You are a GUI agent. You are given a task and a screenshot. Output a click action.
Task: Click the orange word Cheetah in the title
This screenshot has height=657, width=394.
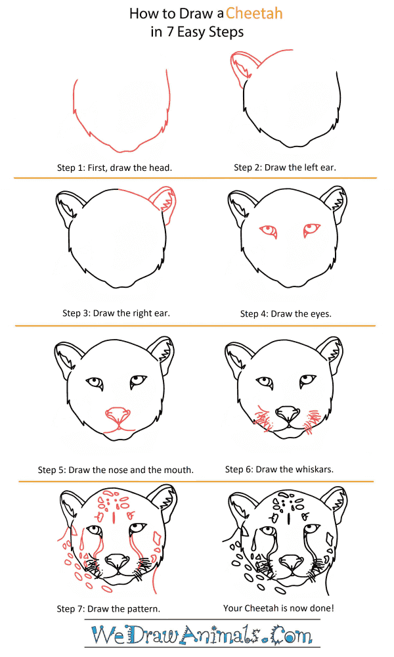point(254,13)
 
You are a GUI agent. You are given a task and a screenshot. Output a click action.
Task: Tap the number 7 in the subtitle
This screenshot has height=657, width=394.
point(170,32)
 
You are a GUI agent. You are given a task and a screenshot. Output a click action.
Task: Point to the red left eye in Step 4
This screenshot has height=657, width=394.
point(268,231)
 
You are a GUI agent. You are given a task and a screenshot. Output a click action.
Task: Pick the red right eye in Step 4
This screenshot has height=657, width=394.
point(311,229)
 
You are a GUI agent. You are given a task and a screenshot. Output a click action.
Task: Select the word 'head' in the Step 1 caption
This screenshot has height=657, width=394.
point(161,168)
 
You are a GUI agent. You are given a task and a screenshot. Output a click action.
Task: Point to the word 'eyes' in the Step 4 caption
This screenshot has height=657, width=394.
point(322,314)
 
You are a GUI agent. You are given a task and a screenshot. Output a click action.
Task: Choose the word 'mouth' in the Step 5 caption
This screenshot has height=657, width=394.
point(181,470)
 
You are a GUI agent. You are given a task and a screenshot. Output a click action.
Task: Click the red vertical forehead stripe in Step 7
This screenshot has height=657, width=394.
point(114,518)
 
